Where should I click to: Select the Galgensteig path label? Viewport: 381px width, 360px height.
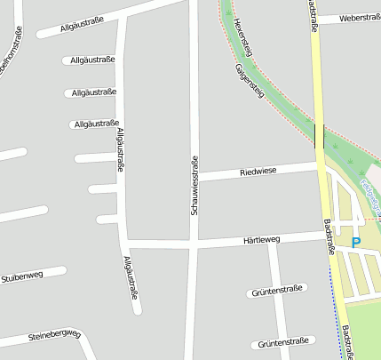point(250,81)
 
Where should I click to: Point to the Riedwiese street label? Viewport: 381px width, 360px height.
point(258,170)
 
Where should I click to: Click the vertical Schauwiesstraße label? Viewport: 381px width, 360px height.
point(194,185)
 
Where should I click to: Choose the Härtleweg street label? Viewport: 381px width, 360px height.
point(261,240)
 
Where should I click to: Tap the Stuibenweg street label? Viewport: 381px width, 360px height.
point(22,276)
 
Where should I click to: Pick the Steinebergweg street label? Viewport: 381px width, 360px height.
point(54,335)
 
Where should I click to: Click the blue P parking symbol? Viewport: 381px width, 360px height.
point(356,242)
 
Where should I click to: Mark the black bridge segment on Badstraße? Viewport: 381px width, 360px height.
point(319,136)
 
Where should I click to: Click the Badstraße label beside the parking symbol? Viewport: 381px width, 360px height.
point(329,237)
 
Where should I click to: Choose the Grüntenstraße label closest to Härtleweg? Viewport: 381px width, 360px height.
point(278,290)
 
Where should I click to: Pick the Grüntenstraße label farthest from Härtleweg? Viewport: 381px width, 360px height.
point(283,342)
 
